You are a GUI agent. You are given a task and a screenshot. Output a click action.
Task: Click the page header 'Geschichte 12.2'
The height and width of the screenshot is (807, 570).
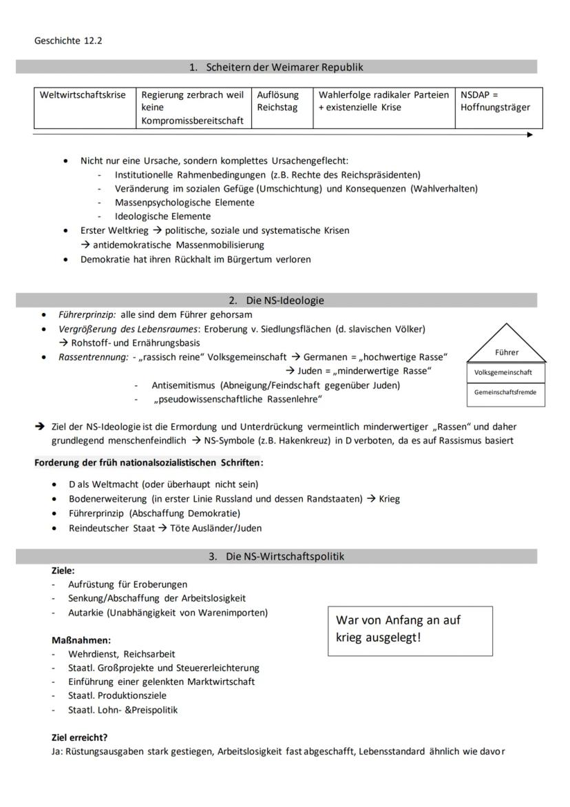(x=68, y=41)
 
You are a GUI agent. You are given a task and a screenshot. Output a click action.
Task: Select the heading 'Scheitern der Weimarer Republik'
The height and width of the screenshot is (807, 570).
(x=283, y=67)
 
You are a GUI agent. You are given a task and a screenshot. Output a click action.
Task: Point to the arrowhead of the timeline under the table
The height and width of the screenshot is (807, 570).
(x=529, y=135)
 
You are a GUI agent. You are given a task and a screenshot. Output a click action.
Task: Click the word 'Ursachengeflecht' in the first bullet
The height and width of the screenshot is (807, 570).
(x=309, y=161)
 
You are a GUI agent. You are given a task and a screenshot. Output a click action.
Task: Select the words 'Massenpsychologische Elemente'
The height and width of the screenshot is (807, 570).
(x=184, y=203)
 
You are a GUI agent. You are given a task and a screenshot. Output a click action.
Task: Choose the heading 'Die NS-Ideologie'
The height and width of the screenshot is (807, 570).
(x=284, y=300)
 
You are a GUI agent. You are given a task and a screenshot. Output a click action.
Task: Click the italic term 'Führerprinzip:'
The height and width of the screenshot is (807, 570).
(x=87, y=314)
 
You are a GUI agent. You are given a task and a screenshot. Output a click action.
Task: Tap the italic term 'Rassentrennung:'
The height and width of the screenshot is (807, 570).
(x=93, y=357)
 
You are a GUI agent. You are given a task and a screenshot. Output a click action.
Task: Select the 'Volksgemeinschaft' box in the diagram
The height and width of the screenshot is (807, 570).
(x=505, y=373)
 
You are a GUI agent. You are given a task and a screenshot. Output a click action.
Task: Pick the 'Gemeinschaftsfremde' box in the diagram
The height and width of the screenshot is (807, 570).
(x=505, y=393)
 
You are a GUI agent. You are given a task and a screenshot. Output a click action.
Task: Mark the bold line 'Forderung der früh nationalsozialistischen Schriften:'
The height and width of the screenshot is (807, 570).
(x=149, y=462)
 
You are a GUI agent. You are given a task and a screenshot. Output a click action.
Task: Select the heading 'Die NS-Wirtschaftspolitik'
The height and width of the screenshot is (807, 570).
(x=284, y=556)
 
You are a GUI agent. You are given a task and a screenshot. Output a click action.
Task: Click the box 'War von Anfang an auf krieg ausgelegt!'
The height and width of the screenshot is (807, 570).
(x=410, y=631)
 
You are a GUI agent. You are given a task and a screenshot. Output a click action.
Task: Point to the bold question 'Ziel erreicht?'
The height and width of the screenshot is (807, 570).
(x=79, y=737)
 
